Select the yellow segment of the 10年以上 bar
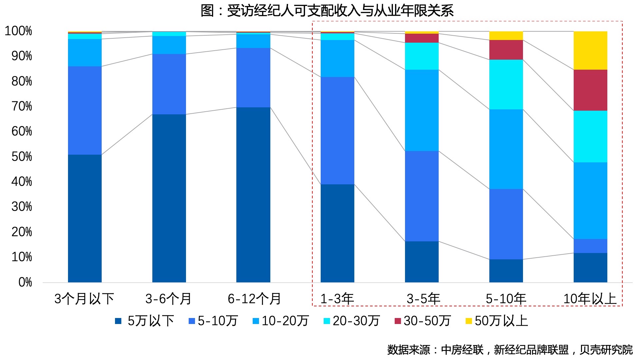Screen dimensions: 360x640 (590, 50)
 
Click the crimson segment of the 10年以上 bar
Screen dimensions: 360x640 (590, 90)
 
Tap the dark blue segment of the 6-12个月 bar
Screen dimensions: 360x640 (253, 195)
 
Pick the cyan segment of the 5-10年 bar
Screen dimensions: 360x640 (506, 84)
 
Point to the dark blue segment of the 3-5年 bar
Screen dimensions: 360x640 (421, 262)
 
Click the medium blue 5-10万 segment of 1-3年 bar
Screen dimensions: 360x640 (337, 131)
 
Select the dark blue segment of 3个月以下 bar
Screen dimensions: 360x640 (85, 218)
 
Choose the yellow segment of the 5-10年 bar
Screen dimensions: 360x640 (506, 36)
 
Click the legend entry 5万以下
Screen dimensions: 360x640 (145, 321)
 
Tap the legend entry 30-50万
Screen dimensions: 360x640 (423, 321)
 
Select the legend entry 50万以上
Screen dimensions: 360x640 (497, 321)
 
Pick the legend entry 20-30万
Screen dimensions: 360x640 (352, 321)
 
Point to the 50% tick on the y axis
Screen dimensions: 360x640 (22, 157)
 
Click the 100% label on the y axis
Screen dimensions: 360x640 (19, 31)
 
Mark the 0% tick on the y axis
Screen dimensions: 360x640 (25, 282)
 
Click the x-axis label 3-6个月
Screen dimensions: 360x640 (168, 299)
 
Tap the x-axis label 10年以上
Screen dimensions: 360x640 (589, 299)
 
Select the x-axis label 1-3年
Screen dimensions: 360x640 (337, 299)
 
